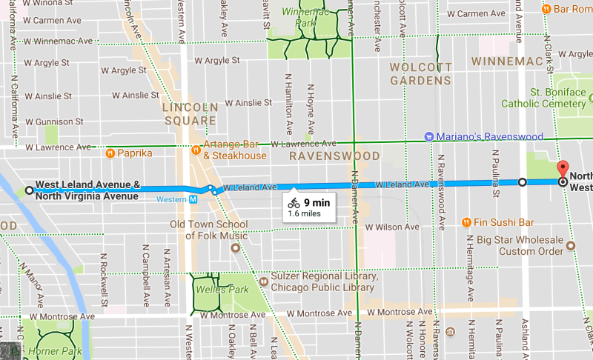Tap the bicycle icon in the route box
(x=294, y=201)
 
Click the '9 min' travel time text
(x=317, y=201)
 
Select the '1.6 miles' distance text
(x=304, y=213)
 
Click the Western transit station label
(x=171, y=199)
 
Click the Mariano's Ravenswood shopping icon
(x=428, y=136)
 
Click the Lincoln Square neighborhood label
(x=191, y=114)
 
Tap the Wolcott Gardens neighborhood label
(x=420, y=74)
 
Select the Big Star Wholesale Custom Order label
(x=520, y=246)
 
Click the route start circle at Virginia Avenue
(x=29, y=190)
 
